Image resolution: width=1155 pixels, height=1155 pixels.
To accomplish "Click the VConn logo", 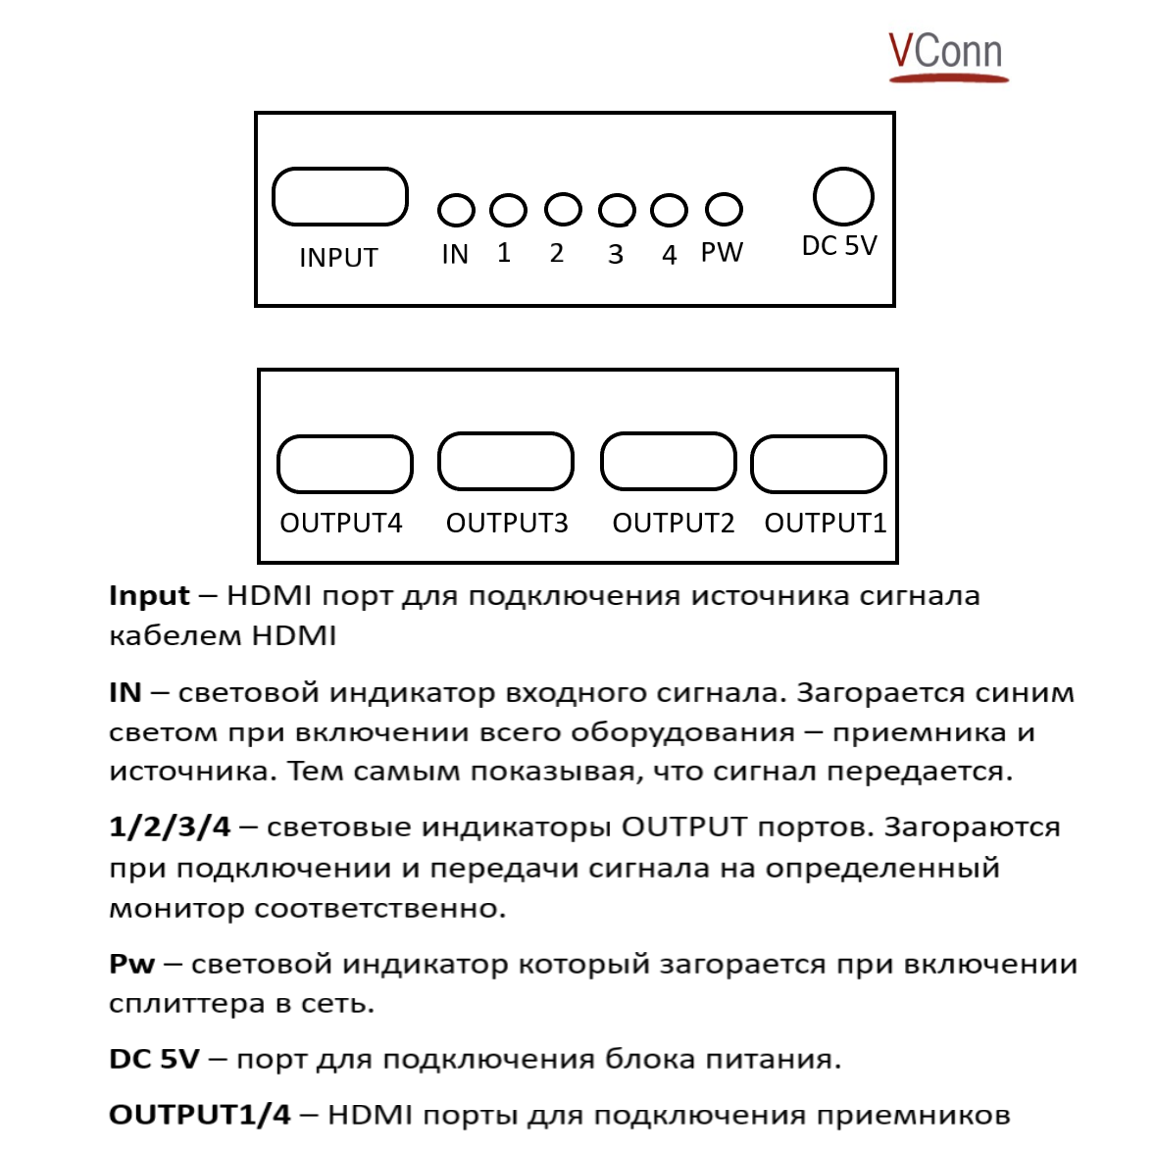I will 946,54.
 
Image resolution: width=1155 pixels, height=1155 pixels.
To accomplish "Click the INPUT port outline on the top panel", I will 339,197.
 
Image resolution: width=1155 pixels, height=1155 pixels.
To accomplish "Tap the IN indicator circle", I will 456,210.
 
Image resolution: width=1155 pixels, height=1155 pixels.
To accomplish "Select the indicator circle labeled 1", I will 508,209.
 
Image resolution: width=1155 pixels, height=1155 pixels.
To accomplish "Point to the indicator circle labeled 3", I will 617,210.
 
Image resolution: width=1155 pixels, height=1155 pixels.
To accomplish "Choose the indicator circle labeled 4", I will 669,210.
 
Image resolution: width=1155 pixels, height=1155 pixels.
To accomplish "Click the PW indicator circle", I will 724,209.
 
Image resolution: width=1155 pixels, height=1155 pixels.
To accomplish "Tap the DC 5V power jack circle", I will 843,197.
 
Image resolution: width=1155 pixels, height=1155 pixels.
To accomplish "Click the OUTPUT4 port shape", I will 345,464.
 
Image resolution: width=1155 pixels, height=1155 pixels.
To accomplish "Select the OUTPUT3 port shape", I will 505,461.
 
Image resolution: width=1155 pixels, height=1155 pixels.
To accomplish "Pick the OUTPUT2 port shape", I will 668,461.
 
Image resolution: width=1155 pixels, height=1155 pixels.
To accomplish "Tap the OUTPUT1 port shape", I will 819,463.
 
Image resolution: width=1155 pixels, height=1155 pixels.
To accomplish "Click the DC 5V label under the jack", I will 839,246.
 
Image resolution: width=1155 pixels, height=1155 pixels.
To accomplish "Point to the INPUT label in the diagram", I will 338,258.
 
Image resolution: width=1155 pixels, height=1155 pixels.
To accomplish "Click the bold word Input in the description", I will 149,596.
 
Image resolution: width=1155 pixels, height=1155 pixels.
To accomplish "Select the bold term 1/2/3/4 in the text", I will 170,828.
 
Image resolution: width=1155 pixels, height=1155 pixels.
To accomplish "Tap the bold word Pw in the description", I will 132,965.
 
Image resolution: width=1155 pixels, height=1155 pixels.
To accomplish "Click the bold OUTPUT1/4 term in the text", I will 200,1116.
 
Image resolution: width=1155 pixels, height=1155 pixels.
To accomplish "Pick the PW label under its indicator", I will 722,253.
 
